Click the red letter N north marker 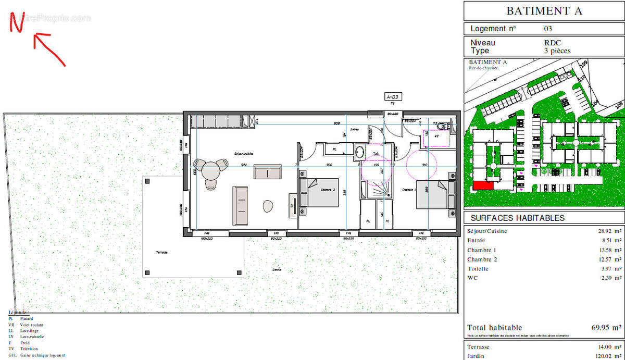click(x=17, y=22)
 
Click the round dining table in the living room click(x=211, y=170)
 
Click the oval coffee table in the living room click(x=268, y=206)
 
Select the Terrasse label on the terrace click(x=161, y=252)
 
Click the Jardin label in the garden click(x=277, y=269)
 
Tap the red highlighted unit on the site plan click(x=483, y=185)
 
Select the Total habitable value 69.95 click(x=604, y=328)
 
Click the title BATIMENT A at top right click(x=544, y=11)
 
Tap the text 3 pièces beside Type click(x=557, y=51)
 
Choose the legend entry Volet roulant click(x=32, y=325)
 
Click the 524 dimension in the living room click(x=243, y=165)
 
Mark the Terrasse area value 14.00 click(x=606, y=347)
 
